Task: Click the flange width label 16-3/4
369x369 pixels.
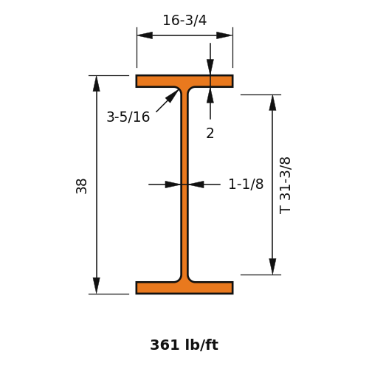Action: [184, 20]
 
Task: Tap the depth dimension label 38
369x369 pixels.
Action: [81, 186]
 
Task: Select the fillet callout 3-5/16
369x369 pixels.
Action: [128, 117]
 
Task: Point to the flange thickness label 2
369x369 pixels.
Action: [210, 134]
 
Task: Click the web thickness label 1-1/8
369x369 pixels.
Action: [246, 184]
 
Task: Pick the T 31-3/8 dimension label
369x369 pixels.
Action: [285, 186]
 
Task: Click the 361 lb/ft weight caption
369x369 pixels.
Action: [184, 345]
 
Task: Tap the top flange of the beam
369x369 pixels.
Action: [184, 81]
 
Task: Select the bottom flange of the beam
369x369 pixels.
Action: [184, 288]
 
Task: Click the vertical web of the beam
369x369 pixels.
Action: [184, 184]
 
